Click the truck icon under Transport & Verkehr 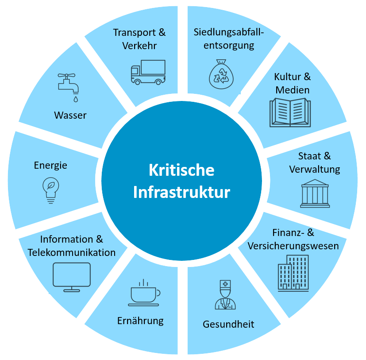[x=148, y=72]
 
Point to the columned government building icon [x=315, y=194]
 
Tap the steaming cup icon [x=144, y=293]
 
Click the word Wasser [x=70, y=115]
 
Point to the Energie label [x=50, y=165]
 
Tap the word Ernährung [x=140, y=321]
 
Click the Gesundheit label [x=228, y=324]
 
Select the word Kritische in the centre [x=181, y=170]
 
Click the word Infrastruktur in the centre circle [x=181, y=193]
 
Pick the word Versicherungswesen [x=293, y=246]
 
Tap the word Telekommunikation [x=72, y=252]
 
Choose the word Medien [x=293, y=90]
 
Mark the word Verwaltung [x=315, y=169]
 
